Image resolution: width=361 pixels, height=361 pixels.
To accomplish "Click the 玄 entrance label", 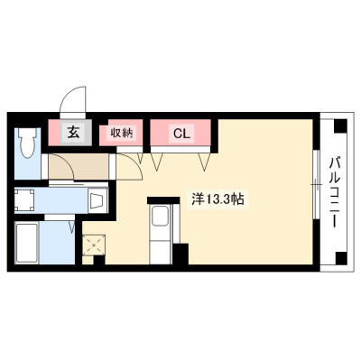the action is pos(73,133).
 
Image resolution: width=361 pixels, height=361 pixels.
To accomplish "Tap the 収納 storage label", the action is pos(121,133).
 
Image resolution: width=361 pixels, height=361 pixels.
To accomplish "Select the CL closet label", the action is pos(182,133).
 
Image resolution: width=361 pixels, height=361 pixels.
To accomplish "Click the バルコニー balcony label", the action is pos(335,192).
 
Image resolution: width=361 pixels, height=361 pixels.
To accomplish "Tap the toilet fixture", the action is pos(27,143).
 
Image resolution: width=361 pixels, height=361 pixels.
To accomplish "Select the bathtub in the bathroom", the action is pos(27,243).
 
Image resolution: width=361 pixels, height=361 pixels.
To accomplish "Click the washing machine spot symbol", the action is pos(24,200).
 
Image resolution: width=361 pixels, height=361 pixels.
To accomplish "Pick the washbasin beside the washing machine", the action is pos(97,201).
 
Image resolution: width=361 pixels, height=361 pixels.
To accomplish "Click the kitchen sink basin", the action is pos(160,217).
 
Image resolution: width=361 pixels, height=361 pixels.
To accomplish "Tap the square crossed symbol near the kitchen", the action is pos(94,245).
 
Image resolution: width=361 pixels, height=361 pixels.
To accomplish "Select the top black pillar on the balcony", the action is pos(341,125).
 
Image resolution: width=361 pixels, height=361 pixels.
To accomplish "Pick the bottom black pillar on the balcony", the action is pos(341,258).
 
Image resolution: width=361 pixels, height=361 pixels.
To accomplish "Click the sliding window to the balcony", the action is pos(315,184).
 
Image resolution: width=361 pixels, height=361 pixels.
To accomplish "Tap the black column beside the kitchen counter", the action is pos(181,254).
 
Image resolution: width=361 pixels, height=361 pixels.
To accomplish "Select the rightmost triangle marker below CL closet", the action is pos(206,162).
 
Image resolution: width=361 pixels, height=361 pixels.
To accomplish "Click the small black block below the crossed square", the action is pos(99,260).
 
